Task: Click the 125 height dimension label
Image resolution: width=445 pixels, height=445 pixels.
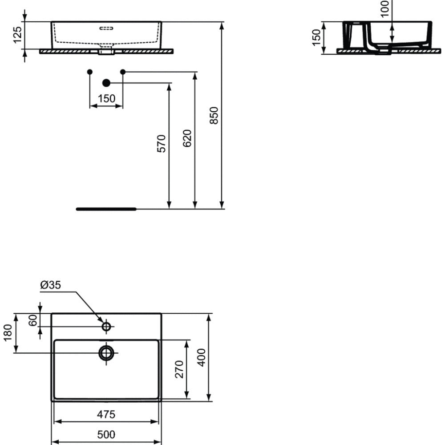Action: [x=17, y=35]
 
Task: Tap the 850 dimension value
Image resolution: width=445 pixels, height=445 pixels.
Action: [x=214, y=115]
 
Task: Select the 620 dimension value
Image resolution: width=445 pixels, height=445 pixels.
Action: [x=187, y=138]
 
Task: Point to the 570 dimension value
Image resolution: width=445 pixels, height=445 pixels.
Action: [x=161, y=144]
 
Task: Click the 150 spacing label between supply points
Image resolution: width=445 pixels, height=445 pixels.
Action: [x=106, y=98]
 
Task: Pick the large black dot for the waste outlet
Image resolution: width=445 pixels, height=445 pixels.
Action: [x=106, y=83]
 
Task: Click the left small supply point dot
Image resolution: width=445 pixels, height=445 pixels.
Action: [x=90, y=72]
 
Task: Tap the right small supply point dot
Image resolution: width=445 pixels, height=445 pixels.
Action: [x=123, y=72]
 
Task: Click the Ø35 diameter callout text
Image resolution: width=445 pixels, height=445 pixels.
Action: [x=51, y=285]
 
